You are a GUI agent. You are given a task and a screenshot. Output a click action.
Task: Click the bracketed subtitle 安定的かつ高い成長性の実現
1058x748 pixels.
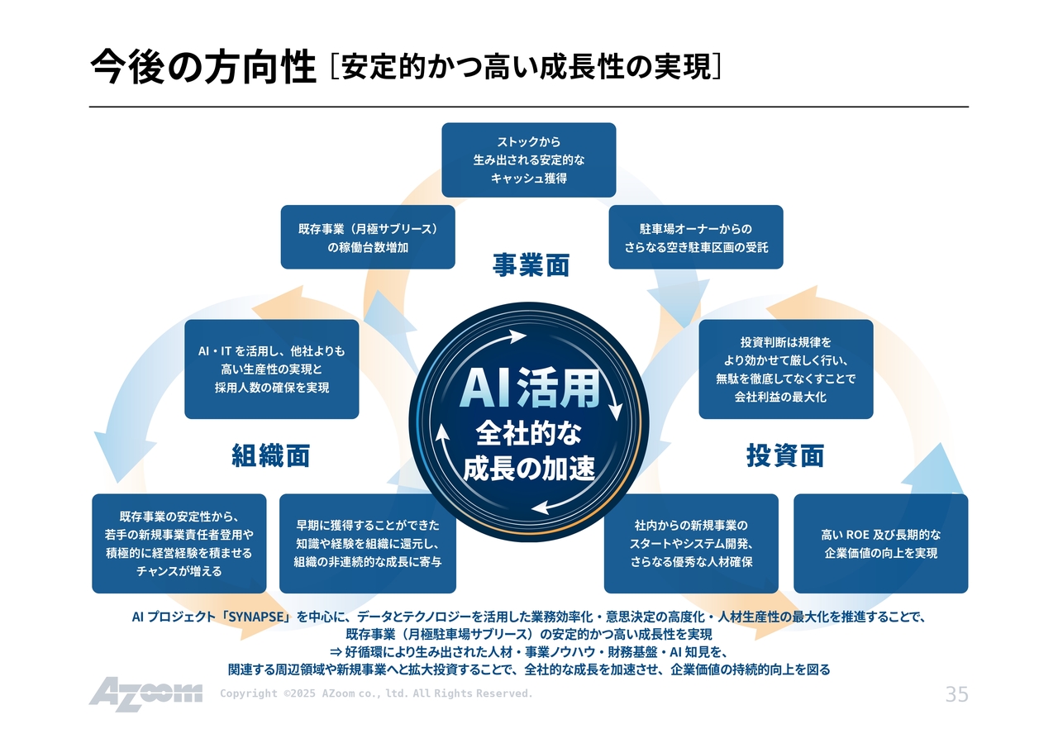[527, 67]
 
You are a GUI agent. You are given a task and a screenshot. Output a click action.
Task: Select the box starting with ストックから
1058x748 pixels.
[529, 160]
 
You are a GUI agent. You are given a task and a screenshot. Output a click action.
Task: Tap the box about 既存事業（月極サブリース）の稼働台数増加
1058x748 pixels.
[368, 237]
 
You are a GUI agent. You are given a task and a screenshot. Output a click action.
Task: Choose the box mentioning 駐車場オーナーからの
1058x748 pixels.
[696, 237]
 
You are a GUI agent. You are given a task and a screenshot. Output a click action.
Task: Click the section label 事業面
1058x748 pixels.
[531, 265]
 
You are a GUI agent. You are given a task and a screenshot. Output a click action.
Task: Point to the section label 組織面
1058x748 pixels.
[271, 455]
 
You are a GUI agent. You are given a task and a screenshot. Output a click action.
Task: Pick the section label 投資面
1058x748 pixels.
[785, 455]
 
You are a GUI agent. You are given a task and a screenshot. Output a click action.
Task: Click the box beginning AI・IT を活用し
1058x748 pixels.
[272, 369]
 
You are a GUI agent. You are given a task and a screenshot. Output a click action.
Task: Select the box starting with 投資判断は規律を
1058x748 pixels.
[786, 369]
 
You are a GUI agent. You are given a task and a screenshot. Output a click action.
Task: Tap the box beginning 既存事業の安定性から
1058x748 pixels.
[179, 544]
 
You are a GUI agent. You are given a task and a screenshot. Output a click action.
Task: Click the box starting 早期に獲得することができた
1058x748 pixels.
[368, 544]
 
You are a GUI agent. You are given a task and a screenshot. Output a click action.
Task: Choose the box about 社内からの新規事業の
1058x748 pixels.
[691, 544]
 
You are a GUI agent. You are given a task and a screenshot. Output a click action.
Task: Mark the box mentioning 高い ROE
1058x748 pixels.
[881, 544]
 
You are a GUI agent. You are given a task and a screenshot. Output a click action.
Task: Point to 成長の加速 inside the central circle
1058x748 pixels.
[529, 468]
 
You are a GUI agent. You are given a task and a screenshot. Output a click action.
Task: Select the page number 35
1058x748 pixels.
[956, 694]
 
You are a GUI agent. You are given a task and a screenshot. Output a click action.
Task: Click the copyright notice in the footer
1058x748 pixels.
[376, 693]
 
